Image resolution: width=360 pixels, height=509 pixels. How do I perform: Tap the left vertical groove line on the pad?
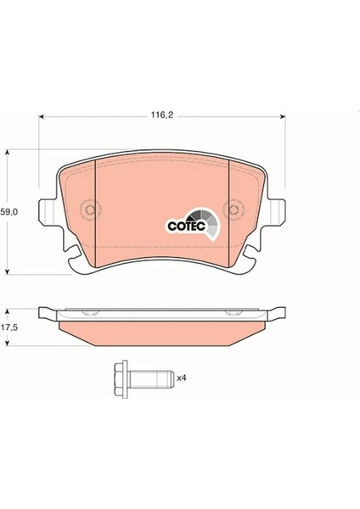[x=95, y=208]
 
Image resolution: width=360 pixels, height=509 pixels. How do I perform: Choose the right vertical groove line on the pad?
[x=230, y=208]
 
